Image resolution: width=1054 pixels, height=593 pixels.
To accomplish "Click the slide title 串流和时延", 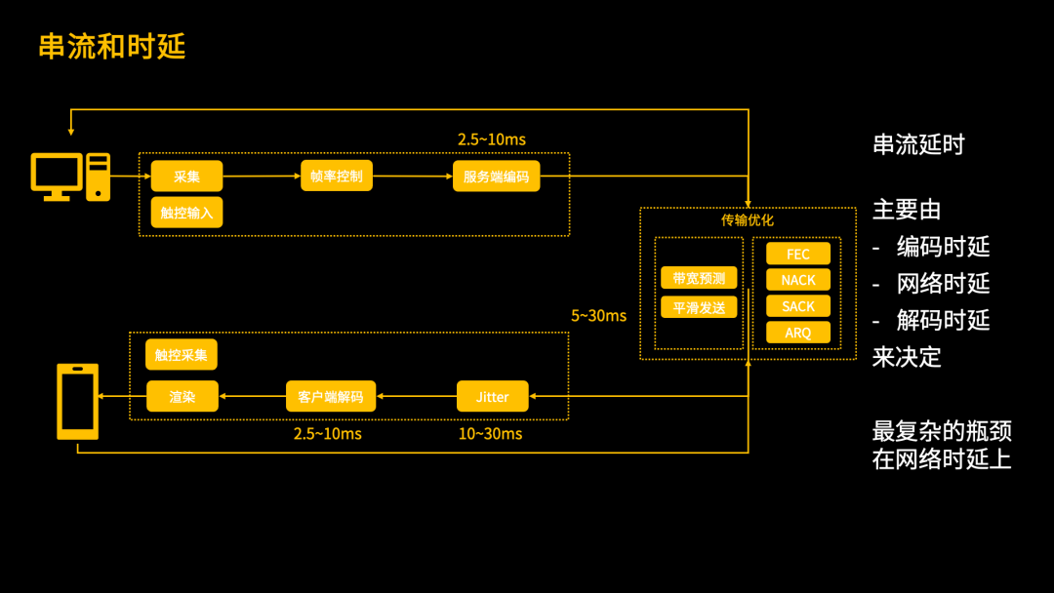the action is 111,47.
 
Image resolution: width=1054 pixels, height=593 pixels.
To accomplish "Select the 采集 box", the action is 186,177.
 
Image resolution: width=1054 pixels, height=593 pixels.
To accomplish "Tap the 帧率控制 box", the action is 337,176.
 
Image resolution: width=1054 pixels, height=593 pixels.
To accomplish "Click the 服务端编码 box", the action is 496,177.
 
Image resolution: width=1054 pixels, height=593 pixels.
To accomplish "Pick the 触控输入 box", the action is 186,213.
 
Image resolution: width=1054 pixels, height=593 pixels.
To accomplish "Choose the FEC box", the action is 798,254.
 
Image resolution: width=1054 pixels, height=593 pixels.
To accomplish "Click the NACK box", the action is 798,280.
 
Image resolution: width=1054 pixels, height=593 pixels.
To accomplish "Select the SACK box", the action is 798,306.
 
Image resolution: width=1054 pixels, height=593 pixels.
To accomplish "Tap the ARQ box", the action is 798,333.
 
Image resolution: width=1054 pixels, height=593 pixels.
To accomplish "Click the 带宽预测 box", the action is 699,278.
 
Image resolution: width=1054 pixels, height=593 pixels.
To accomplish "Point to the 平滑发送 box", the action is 699,307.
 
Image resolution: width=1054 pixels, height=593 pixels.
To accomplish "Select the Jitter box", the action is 492,396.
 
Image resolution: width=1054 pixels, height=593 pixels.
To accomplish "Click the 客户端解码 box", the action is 331,396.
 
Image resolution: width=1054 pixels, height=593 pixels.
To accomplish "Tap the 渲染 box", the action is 182,396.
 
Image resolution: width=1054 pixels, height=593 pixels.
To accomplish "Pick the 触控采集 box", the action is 182,355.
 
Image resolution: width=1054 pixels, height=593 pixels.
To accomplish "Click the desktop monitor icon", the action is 58,177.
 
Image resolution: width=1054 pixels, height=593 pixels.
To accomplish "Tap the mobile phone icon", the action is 78,402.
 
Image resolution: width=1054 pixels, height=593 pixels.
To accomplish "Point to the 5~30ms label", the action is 598,316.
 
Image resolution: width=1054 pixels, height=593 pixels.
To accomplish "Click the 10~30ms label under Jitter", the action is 490,434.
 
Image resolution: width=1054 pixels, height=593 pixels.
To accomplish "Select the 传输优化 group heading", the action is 748,220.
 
